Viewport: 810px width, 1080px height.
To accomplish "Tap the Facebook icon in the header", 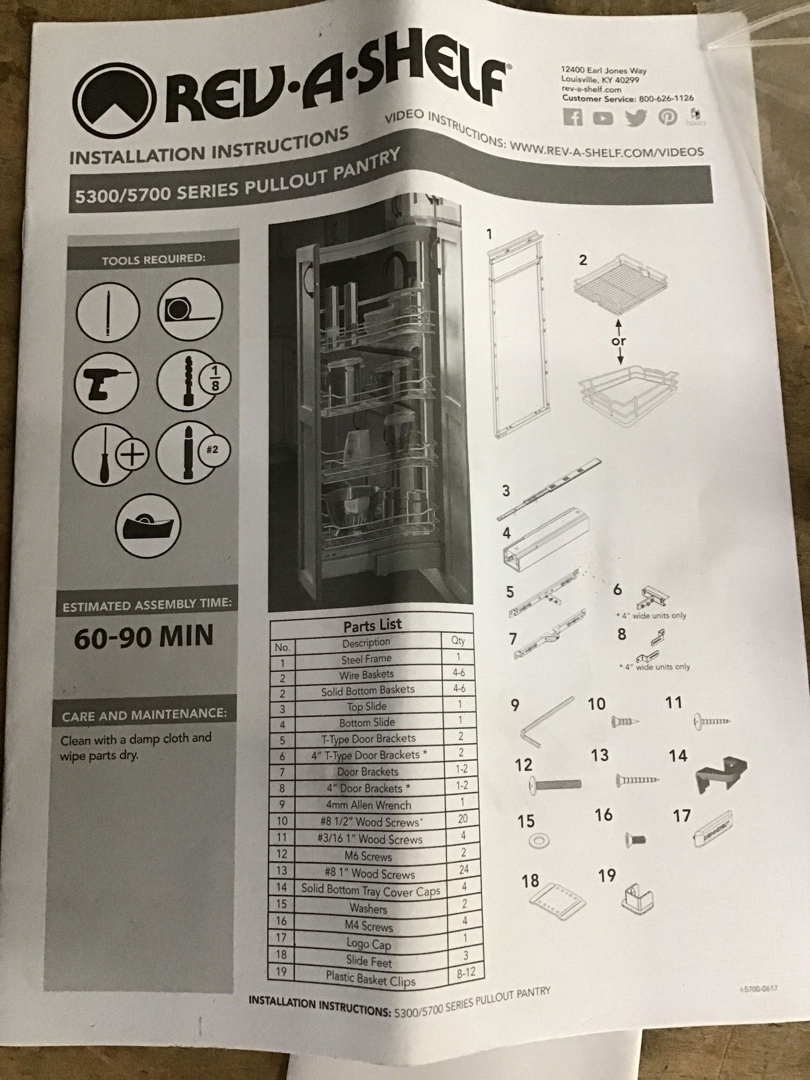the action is coord(573,117).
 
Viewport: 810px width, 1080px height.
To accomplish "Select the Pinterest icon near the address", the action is coord(667,117).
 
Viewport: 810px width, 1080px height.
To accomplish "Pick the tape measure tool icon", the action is coord(190,309).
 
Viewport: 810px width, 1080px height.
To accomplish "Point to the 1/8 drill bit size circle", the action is coord(215,379).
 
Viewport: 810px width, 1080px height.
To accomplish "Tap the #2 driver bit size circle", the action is coord(212,450).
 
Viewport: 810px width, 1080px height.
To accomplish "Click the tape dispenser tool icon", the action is coord(148,525).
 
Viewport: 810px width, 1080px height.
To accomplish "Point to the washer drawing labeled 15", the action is coord(538,841).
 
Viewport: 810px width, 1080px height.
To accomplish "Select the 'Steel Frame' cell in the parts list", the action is coord(366,659).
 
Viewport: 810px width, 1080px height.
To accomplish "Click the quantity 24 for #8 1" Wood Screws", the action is coord(463,869).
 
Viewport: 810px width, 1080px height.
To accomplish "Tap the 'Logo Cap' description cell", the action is coord(368,944).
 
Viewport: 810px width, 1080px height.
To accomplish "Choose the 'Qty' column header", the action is coord(458,640).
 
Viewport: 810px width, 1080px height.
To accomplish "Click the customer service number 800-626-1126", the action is coord(666,98).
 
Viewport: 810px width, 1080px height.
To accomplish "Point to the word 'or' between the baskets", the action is coord(619,341).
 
